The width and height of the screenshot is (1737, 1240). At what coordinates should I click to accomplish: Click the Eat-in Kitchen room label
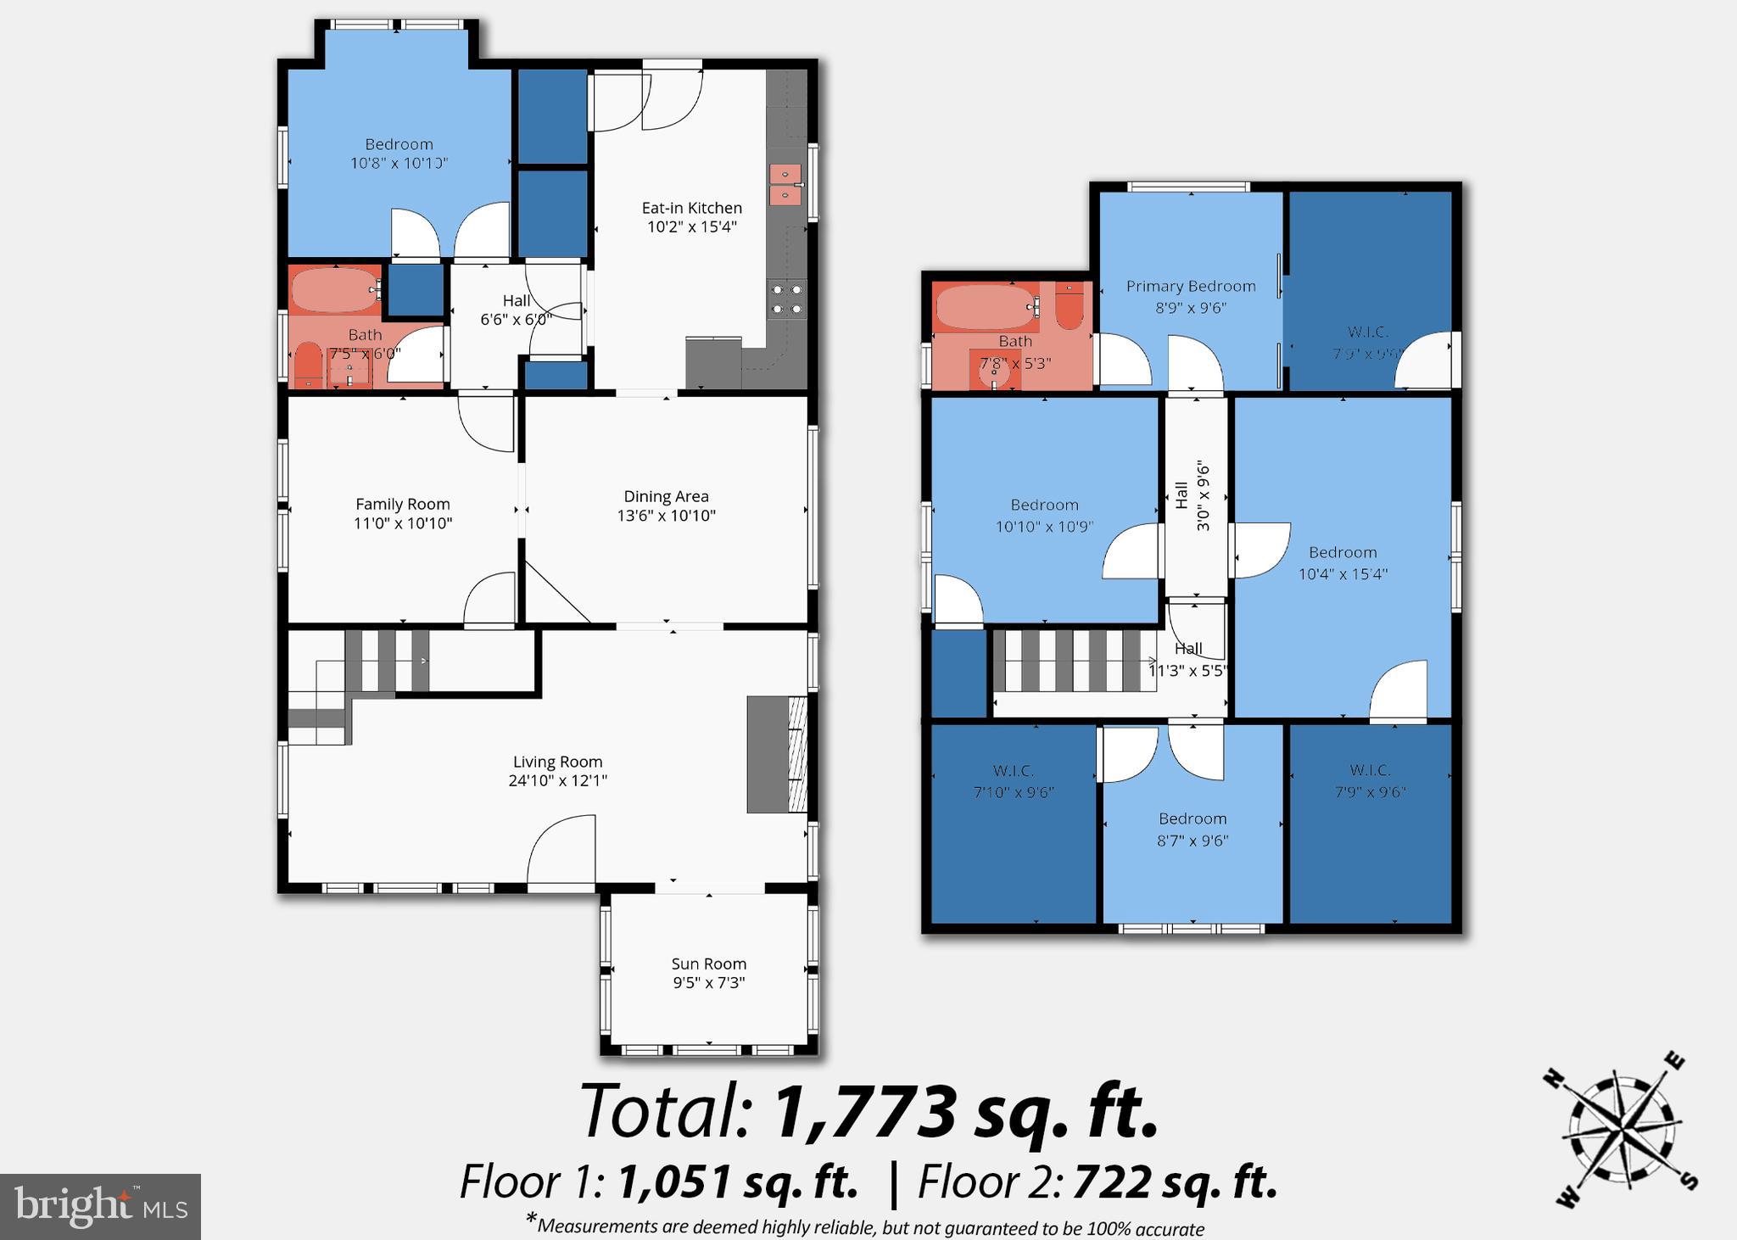coord(691,208)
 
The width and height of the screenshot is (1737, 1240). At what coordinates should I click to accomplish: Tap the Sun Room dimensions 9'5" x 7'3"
coord(708,983)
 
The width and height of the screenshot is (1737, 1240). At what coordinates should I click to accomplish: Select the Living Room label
coord(557,762)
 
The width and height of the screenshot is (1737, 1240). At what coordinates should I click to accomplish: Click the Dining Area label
coord(666,496)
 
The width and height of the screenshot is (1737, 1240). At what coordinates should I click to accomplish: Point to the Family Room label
coord(402,504)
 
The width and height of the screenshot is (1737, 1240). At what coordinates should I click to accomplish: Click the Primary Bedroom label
coord(1190,287)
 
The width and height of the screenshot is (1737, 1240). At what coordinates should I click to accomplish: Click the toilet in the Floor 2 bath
coord(1070,307)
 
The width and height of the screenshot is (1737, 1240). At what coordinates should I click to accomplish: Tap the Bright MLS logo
coord(100,1206)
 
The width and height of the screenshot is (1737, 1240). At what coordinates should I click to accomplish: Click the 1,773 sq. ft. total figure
coord(965,1112)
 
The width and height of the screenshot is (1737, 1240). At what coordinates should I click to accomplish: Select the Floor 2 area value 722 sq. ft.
coord(1175,1182)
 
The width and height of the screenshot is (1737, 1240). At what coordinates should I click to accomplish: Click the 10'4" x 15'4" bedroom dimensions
coord(1343,574)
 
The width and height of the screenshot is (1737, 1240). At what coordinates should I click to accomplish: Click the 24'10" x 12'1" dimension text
coord(557,781)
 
